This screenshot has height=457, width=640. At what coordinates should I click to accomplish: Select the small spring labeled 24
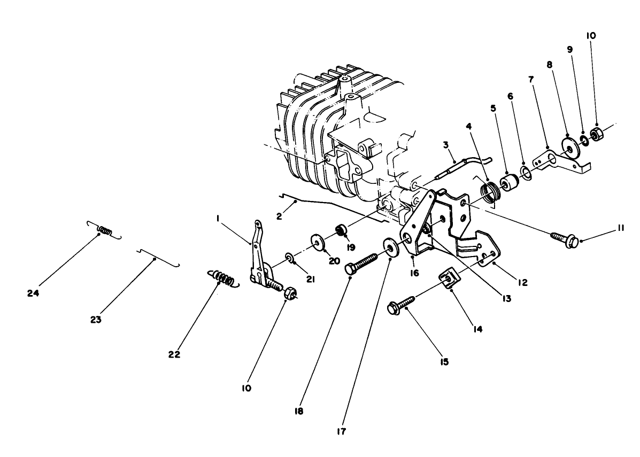click(105, 231)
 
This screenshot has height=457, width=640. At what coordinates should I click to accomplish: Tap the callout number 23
click(96, 320)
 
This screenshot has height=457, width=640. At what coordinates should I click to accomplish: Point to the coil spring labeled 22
click(221, 278)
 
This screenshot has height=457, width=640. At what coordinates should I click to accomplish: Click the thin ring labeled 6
click(526, 172)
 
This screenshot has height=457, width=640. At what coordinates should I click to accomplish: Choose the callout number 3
click(445, 145)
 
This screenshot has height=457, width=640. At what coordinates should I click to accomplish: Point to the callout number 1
click(218, 218)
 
